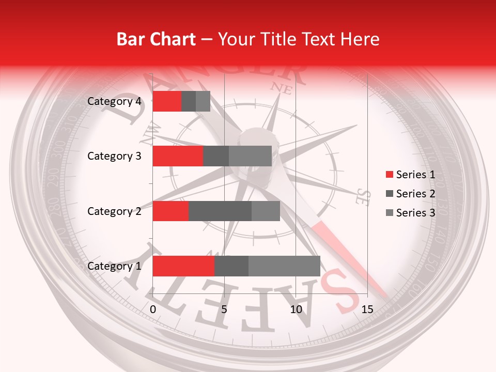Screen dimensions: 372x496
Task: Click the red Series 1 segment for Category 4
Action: [167, 101]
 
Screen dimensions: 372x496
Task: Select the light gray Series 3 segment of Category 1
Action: [284, 266]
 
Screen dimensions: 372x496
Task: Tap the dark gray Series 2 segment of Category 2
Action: [220, 211]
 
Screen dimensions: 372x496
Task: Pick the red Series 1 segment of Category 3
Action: [178, 156]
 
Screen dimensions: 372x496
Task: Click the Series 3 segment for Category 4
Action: [203, 101]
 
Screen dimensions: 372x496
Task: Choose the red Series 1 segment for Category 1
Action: [183, 266]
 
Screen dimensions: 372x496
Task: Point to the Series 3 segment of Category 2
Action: [266, 211]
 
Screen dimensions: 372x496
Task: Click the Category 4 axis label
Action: [114, 101]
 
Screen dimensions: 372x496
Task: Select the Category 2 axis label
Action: [114, 211]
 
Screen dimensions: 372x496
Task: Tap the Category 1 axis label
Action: [114, 266]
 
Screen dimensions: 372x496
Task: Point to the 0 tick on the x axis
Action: [153, 309]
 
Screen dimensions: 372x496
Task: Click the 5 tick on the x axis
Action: [224, 309]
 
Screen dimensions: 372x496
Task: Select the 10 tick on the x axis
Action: [296, 309]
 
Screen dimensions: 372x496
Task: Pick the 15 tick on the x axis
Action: [367, 309]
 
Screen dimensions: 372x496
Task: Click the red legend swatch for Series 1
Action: [389, 175]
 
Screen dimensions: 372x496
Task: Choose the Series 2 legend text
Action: [415, 194]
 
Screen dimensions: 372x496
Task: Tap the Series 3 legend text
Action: [415, 213]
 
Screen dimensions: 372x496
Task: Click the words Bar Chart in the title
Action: [156, 39]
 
